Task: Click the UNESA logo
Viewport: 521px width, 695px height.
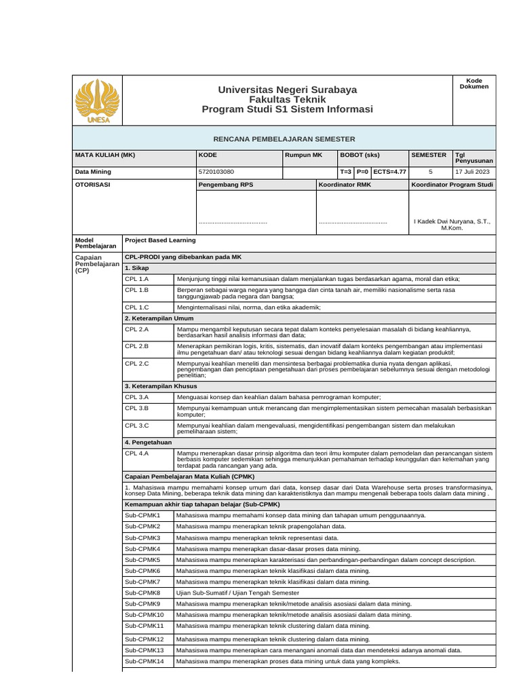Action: point(98,101)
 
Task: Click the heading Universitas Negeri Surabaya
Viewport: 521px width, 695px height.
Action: point(287,90)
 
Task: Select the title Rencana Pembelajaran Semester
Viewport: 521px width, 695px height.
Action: point(284,138)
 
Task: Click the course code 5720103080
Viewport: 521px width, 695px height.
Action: point(216,172)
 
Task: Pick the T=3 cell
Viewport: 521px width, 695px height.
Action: point(345,172)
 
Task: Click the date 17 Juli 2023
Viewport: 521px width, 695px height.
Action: point(473,172)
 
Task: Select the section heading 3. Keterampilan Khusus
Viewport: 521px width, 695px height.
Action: point(160,386)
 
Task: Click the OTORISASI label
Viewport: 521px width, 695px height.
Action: point(92,185)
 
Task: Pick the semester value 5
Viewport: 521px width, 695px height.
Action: point(430,172)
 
